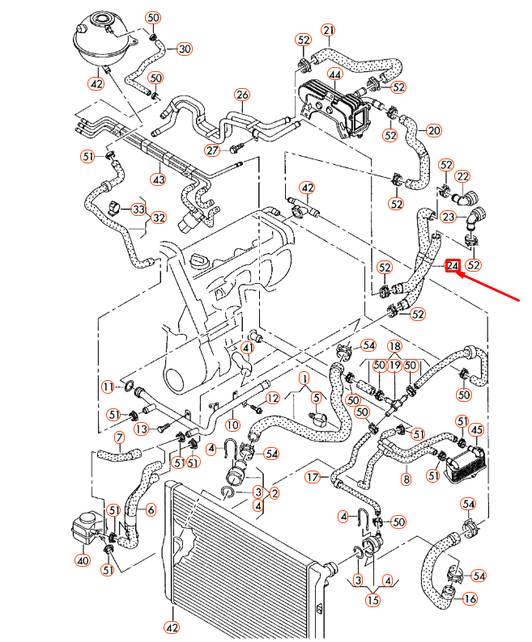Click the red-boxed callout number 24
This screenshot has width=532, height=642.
pos(453,264)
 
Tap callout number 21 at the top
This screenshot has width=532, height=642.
pos(328,31)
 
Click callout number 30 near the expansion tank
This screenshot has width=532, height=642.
pos(185,49)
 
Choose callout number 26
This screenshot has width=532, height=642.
pos(241,95)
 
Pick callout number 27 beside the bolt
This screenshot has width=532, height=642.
pos(212,150)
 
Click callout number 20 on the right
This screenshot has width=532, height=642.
pos(434,130)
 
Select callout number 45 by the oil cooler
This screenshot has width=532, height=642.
pos(476,429)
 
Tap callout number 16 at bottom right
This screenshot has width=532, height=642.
pos(470,599)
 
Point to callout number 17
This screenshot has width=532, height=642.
pos(313,477)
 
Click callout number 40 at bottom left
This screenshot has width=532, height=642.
pos(81,560)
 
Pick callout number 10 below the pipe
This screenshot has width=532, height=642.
pos(232,424)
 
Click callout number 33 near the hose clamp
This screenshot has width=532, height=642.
pos(138,209)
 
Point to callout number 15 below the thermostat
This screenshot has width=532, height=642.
pos(372,600)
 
